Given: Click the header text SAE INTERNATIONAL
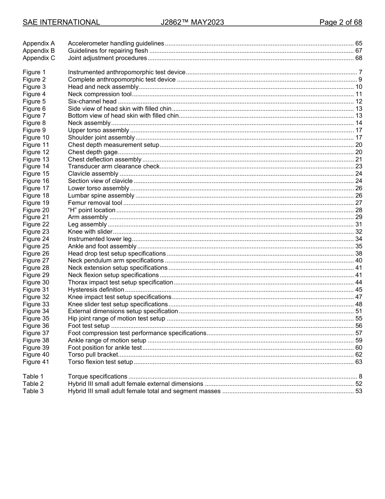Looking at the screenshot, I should click(x=61, y=22).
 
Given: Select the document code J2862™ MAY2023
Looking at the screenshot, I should click(x=192, y=22).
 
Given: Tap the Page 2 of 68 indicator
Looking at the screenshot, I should click(x=340, y=22).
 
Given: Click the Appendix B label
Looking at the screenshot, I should click(x=38, y=51).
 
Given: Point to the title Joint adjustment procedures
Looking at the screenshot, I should click(x=107, y=58).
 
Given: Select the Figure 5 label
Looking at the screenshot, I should click(x=34, y=101).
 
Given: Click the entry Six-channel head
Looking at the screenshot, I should click(x=92, y=101).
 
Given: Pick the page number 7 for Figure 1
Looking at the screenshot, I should click(x=360, y=72).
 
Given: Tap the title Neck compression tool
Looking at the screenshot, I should click(x=100, y=94).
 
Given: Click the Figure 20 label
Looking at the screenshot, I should click(x=36, y=210).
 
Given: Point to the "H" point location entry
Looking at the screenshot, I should click(x=92, y=210).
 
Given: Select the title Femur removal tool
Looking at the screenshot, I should click(x=95, y=203).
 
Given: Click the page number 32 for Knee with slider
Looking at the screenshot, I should click(x=359, y=232).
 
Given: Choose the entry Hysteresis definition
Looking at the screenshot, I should click(x=96, y=290).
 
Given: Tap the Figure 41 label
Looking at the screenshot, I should click(x=36, y=362).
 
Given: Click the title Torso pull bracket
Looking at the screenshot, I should click(x=93, y=355).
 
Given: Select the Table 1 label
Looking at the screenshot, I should click(x=33, y=376).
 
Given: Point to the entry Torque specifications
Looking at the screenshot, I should click(x=98, y=376).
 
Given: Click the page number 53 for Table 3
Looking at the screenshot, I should click(x=359, y=391).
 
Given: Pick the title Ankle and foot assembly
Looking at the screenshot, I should click(x=102, y=246).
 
